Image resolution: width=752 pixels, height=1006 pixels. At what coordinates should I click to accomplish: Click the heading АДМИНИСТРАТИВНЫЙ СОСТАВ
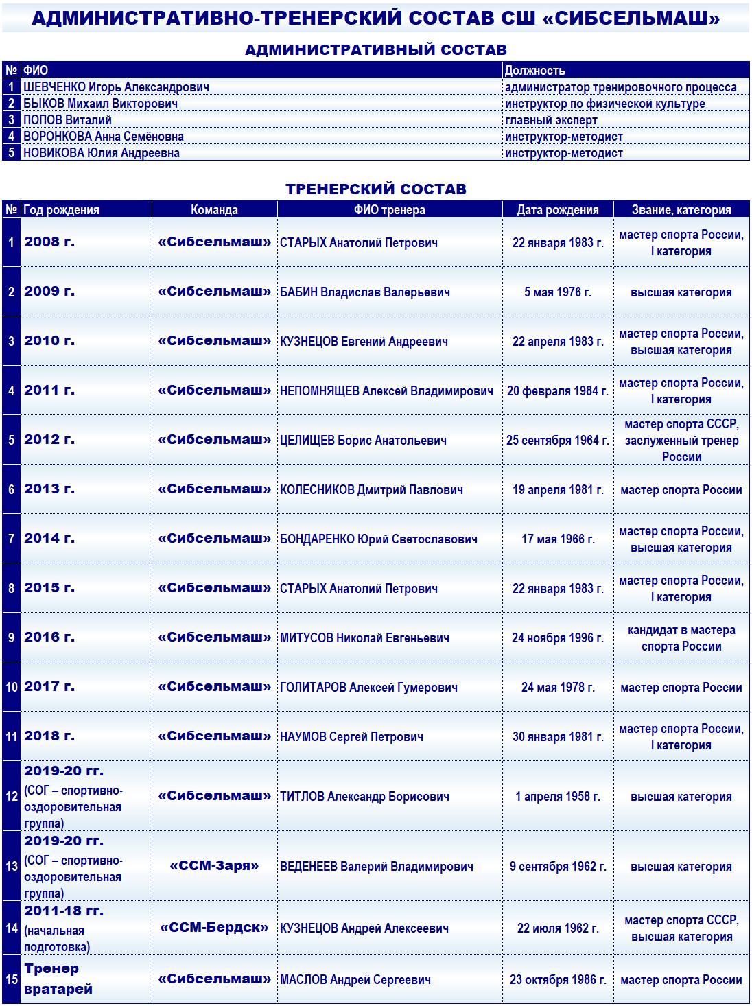pos(375,49)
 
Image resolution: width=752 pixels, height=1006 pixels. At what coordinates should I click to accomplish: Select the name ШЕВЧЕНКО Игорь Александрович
pos(116,87)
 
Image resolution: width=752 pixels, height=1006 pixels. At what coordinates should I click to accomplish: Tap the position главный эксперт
pos(551,120)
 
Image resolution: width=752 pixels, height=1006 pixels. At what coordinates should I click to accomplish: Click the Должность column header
pos(534,70)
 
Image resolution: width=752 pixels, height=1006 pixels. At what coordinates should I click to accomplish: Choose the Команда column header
pos(214,210)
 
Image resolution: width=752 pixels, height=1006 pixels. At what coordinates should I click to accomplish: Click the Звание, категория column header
pos(681,210)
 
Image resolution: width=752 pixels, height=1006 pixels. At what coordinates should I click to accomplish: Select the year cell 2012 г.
pos(49,439)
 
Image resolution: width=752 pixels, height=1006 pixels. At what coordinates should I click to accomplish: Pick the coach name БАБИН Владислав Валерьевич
pos(364,292)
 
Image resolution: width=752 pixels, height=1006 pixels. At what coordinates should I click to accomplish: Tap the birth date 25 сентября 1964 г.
pos(557,440)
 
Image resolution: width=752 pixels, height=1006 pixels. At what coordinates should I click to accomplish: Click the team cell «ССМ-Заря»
pos(214,866)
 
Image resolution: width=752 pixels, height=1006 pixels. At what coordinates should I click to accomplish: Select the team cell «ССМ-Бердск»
pos(214,928)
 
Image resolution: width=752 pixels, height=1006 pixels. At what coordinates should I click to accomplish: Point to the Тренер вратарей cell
pos(51,979)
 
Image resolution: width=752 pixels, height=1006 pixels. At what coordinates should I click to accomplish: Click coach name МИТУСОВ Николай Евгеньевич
pos(364,638)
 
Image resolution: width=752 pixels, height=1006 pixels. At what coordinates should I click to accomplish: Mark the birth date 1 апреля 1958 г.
pos(557,797)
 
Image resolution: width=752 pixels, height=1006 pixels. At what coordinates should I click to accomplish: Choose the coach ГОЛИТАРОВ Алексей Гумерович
pos(368,688)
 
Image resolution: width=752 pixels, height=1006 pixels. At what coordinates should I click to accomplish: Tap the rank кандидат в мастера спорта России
pos(681,638)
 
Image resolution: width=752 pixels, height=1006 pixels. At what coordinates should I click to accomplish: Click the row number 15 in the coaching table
pos(12,979)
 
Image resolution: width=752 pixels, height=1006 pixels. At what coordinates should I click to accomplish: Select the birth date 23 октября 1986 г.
pos(557,980)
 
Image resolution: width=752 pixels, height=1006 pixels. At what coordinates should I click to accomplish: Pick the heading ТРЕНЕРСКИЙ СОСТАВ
pos(375,189)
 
